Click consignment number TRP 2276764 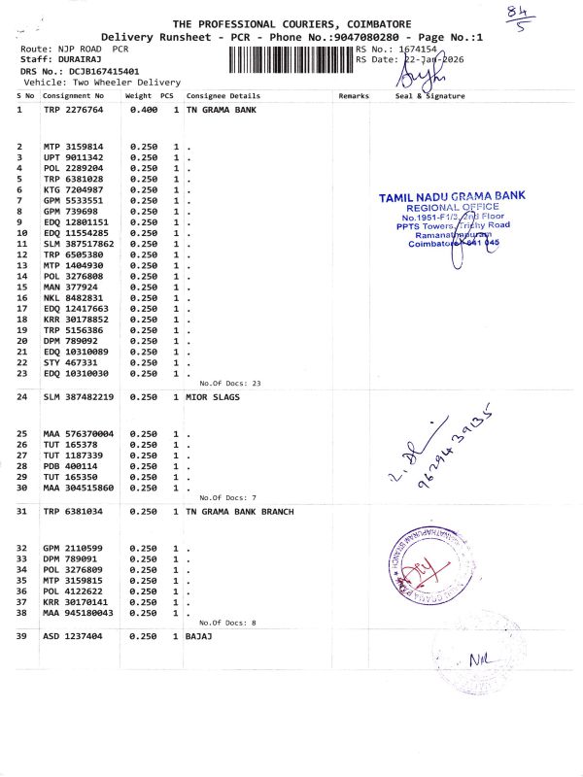(x=73, y=110)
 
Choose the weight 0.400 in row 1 (x=143, y=110)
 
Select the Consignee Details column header (x=223, y=96)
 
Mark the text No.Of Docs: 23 (x=230, y=384)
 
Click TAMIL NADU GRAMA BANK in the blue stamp (x=452, y=196)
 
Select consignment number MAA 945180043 (x=79, y=613)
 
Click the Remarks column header (x=354, y=96)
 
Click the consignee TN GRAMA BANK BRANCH (x=239, y=511)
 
